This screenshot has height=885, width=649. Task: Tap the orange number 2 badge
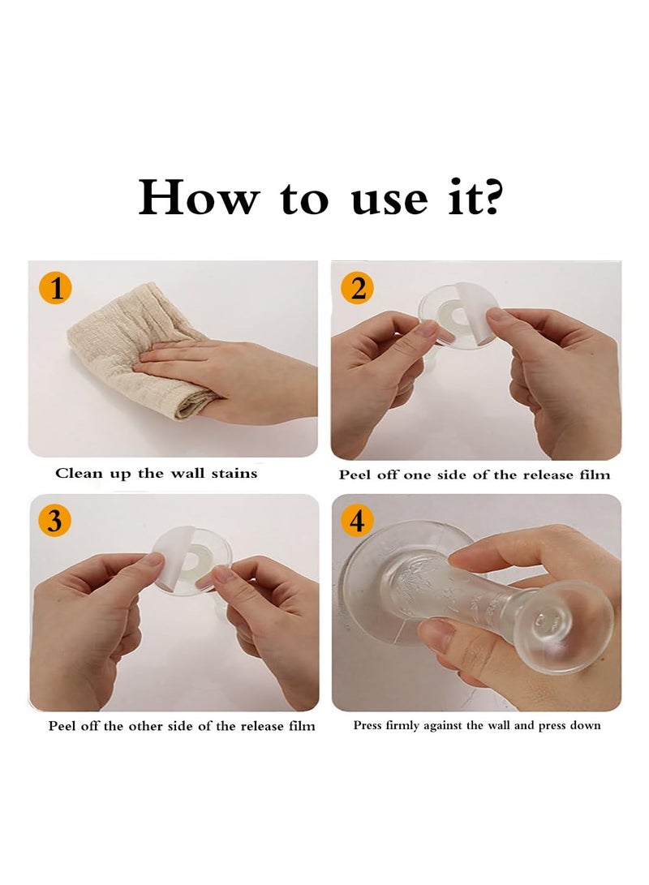tap(357, 288)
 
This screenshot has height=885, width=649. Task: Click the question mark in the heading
tap(489, 199)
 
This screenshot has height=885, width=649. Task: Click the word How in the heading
tap(199, 199)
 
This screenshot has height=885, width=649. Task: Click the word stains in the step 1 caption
tap(234, 473)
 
